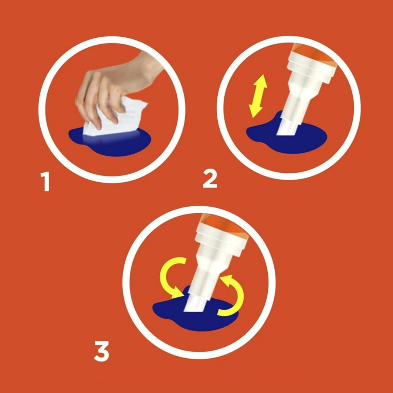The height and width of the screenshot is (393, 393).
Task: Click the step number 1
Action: pyautogui.click(x=45, y=182)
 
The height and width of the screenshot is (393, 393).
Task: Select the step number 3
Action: pyautogui.click(x=102, y=351)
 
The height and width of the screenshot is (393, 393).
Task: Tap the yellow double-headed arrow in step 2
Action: pyautogui.click(x=258, y=96)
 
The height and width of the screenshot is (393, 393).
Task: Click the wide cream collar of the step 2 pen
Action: pyautogui.click(x=312, y=67)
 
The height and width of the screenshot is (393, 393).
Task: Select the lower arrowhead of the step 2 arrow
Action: pyautogui.click(x=254, y=112)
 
